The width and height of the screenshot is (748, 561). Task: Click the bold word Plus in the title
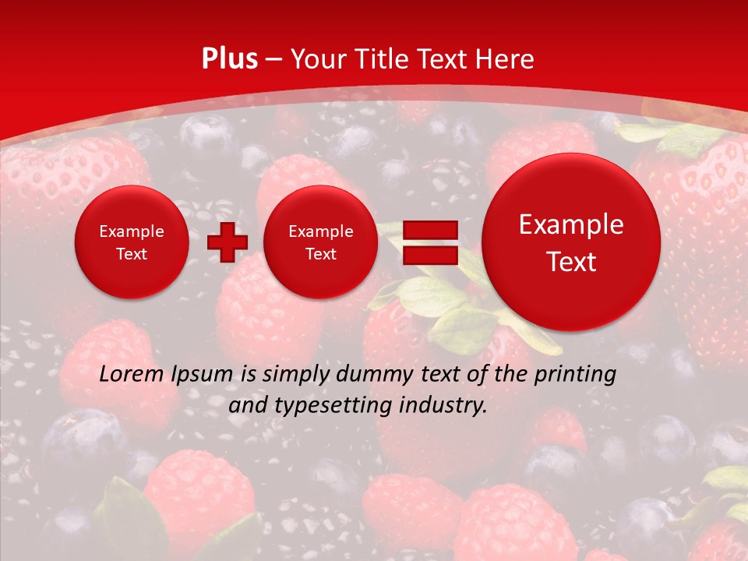point(229,59)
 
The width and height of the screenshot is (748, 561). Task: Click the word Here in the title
point(505,59)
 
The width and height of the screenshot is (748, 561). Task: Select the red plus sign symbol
point(227,242)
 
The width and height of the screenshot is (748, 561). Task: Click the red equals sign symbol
point(429,242)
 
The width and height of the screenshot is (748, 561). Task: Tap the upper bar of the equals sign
point(429,229)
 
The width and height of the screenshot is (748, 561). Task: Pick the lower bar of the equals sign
point(429,256)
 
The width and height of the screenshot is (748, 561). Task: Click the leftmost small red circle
point(132,242)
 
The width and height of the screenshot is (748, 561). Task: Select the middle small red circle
point(320,242)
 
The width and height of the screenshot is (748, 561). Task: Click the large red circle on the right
point(571,242)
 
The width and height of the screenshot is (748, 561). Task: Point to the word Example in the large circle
point(571,224)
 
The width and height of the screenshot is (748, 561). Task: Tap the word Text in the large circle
point(571,262)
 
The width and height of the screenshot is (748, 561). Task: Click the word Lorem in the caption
point(131,375)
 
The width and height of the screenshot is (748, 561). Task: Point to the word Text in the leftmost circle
point(132,254)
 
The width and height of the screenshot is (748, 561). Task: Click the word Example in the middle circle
point(320,231)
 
